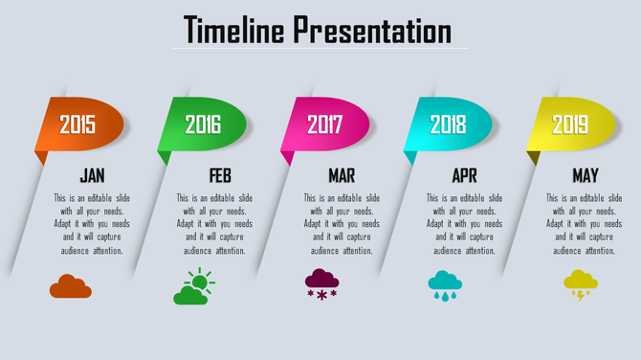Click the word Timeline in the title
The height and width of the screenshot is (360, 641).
tap(234, 31)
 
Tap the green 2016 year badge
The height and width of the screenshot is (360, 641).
tap(203, 124)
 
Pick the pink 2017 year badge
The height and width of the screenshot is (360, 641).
tap(325, 124)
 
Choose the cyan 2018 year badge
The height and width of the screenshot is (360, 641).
tap(448, 124)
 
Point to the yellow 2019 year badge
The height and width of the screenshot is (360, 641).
tap(570, 124)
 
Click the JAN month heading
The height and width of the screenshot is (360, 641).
tap(93, 176)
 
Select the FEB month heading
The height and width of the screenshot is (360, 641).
tap(220, 176)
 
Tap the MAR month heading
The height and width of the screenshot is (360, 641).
tap(342, 176)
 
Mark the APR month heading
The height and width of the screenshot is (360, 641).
tap(464, 176)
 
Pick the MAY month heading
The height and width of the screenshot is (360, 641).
tap(586, 176)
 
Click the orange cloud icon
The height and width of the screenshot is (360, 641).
tap(71, 286)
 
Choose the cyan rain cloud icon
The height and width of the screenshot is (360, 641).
tap(445, 284)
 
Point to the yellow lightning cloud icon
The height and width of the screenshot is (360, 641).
tap(581, 284)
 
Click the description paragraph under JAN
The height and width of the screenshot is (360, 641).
tap(93, 224)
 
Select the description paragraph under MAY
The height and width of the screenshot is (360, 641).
tap(585, 224)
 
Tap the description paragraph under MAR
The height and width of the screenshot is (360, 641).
tap(342, 224)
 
